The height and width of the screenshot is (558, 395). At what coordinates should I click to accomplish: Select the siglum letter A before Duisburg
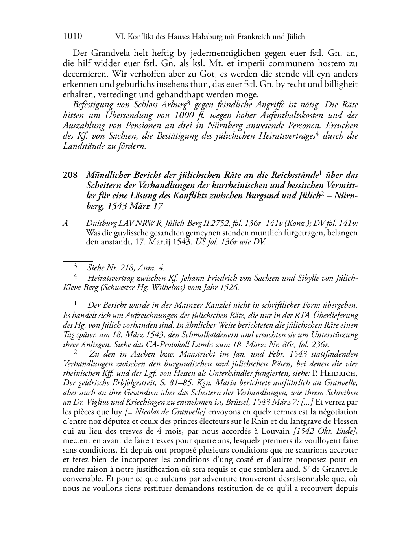[66, 224]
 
